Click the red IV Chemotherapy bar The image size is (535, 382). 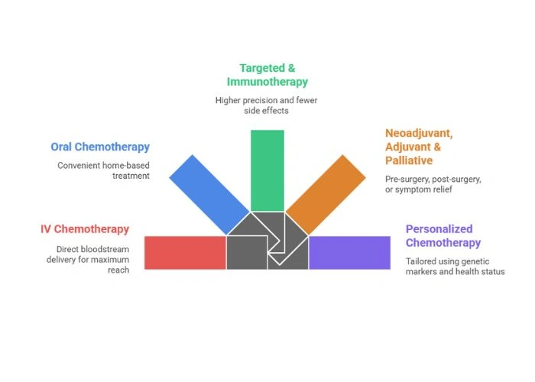[185, 252]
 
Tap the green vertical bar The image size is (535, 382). [267, 170]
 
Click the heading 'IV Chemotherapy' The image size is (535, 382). [85, 228]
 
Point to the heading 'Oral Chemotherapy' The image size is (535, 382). [100, 147]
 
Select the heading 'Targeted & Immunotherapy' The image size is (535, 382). [267, 74]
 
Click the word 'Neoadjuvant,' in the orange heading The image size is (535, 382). [418, 132]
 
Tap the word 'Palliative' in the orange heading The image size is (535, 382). [409, 160]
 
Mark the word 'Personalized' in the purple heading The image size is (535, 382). [439, 228]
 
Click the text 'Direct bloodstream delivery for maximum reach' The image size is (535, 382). [92, 260]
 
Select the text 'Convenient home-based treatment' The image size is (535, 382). [103, 170]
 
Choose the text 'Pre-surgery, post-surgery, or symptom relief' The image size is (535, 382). [433, 184]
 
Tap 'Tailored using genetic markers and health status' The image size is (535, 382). [455, 266]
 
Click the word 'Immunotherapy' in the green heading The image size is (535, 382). [267, 81]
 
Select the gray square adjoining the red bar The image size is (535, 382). [246, 252]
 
